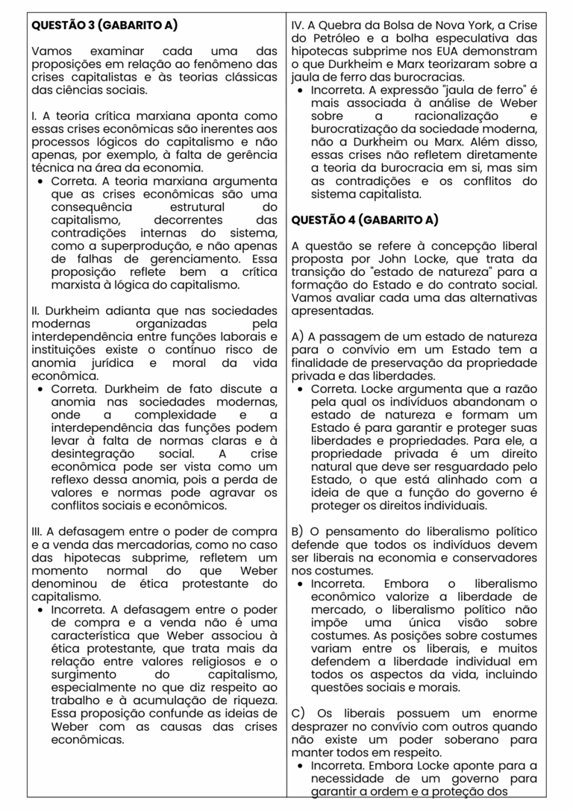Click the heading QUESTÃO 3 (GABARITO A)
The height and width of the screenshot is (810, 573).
pos(104,25)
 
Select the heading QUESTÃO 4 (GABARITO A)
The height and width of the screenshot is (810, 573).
pos(364,220)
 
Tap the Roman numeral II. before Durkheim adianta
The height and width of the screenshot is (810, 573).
pos(37,310)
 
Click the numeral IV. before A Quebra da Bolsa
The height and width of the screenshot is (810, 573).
pos(298,25)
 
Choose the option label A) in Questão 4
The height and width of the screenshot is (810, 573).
pos(298,337)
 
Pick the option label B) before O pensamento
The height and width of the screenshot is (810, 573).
pos(298,531)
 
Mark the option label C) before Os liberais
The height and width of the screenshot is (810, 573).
pos(298,713)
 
